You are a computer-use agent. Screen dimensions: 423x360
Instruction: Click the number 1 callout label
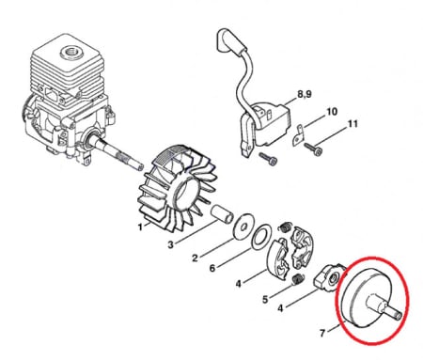pos(140,227)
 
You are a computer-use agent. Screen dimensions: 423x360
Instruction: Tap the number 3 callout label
pos(170,244)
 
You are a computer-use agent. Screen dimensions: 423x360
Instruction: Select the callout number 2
pos(195,258)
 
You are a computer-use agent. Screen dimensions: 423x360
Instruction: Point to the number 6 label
pos(212,268)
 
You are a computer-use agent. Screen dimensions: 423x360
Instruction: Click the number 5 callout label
pos(265,300)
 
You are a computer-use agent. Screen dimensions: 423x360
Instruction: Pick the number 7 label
pos(322,333)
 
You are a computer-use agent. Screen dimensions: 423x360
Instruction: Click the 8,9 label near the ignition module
pos(305,94)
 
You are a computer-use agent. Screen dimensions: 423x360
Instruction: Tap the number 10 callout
pos(332,112)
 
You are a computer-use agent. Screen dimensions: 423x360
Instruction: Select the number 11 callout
pos(352,124)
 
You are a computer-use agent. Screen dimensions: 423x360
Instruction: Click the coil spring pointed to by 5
pos(296,279)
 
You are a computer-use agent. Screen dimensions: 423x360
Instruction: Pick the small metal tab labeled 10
pos(298,136)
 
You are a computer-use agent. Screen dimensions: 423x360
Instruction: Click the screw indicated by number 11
pos(313,149)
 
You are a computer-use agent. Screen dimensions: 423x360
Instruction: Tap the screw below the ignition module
pos(268,159)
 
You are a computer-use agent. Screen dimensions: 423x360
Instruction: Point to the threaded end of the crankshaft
pos(138,164)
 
